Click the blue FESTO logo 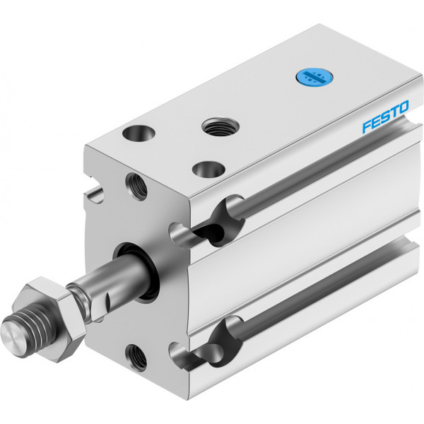[386, 117]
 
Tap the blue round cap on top [314, 77]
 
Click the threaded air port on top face [220, 127]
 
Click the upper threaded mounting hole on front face [136, 187]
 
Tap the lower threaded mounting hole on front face [136, 358]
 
